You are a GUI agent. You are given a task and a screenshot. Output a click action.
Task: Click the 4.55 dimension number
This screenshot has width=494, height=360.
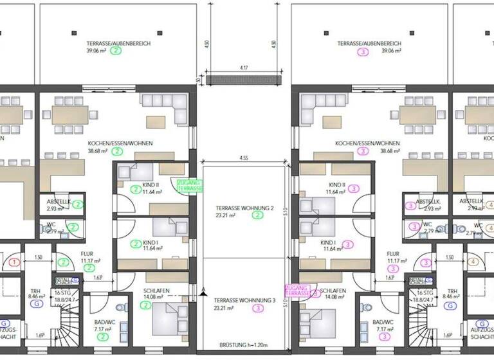(x=244, y=157)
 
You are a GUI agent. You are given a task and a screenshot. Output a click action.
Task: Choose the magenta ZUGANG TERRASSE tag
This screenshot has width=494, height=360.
(x=297, y=291)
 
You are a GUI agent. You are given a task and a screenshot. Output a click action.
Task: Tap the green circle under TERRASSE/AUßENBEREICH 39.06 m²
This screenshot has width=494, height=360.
(x=116, y=51)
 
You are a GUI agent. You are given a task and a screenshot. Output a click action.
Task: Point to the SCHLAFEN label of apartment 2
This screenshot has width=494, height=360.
(x=156, y=291)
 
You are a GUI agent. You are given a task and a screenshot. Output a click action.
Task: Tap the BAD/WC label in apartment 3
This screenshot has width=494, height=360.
(x=385, y=321)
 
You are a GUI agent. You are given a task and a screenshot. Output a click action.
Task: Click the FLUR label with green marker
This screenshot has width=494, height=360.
(x=86, y=254)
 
